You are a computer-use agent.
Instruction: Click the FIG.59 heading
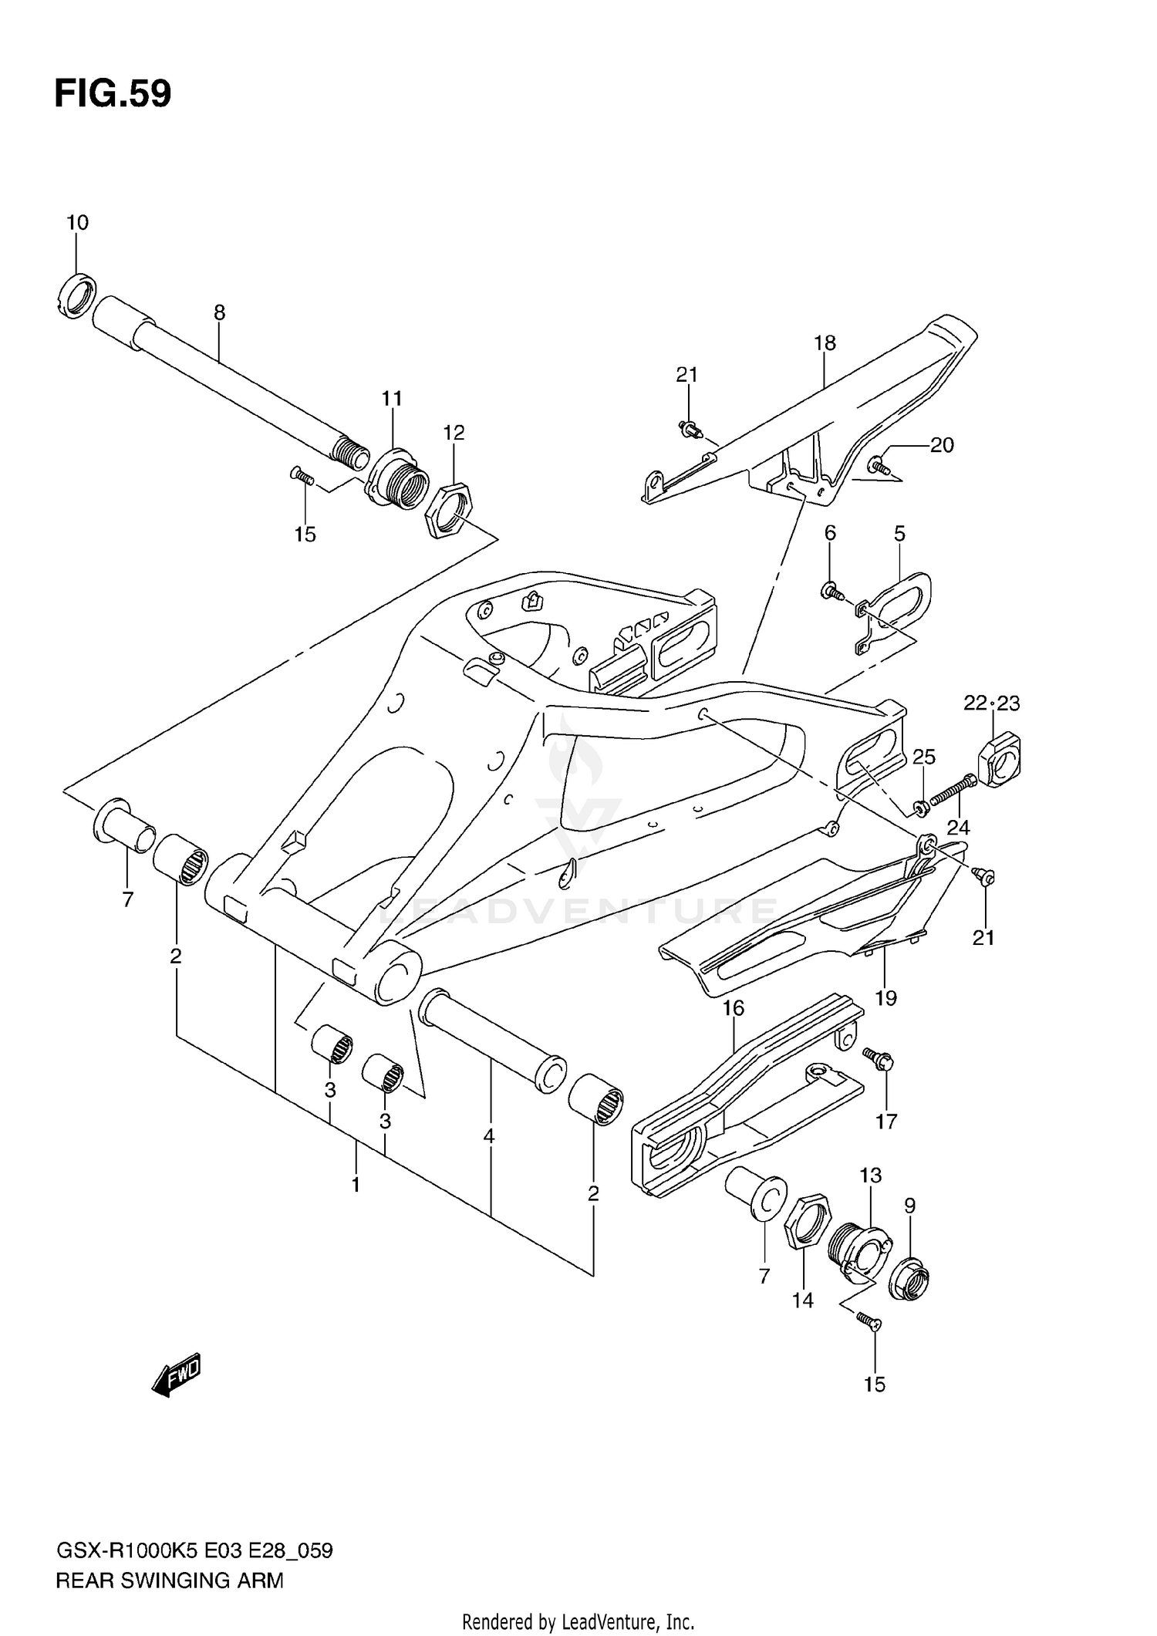coord(113,94)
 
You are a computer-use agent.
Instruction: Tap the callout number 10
coord(77,223)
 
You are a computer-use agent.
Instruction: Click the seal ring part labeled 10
coord(76,295)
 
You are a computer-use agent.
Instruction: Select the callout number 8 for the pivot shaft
coord(220,312)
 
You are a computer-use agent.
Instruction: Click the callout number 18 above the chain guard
coord(825,342)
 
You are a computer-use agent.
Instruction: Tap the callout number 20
coord(942,445)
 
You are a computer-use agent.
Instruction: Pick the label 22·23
coord(991,703)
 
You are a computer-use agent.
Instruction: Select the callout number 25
coord(924,757)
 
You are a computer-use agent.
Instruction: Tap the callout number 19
coord(885,998)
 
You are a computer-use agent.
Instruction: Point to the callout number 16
coord(733,1008)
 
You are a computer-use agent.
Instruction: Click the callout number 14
coord(802,1300)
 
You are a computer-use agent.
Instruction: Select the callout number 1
coord(356,1185)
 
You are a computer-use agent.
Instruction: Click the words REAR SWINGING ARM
coord(170,1580)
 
